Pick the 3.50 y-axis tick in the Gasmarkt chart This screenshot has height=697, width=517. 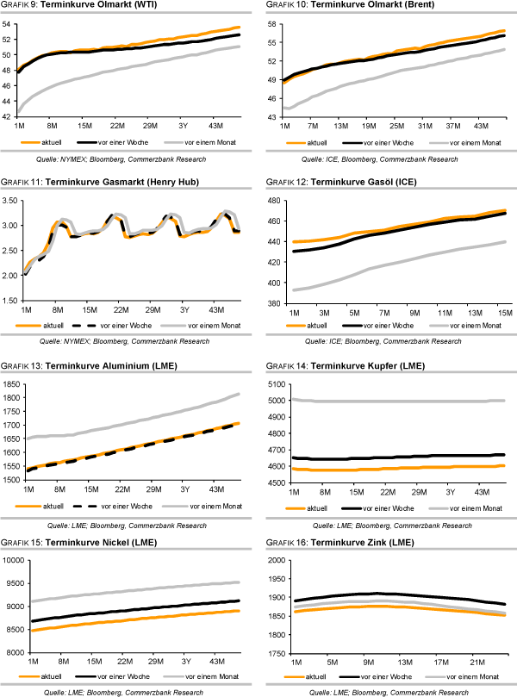point(11,201)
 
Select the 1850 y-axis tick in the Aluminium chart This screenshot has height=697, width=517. point(11,383)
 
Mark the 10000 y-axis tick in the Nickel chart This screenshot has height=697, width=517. point(14,561)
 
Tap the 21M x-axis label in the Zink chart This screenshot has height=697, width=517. point(475,662)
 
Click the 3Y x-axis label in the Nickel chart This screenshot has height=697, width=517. point(184,662)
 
